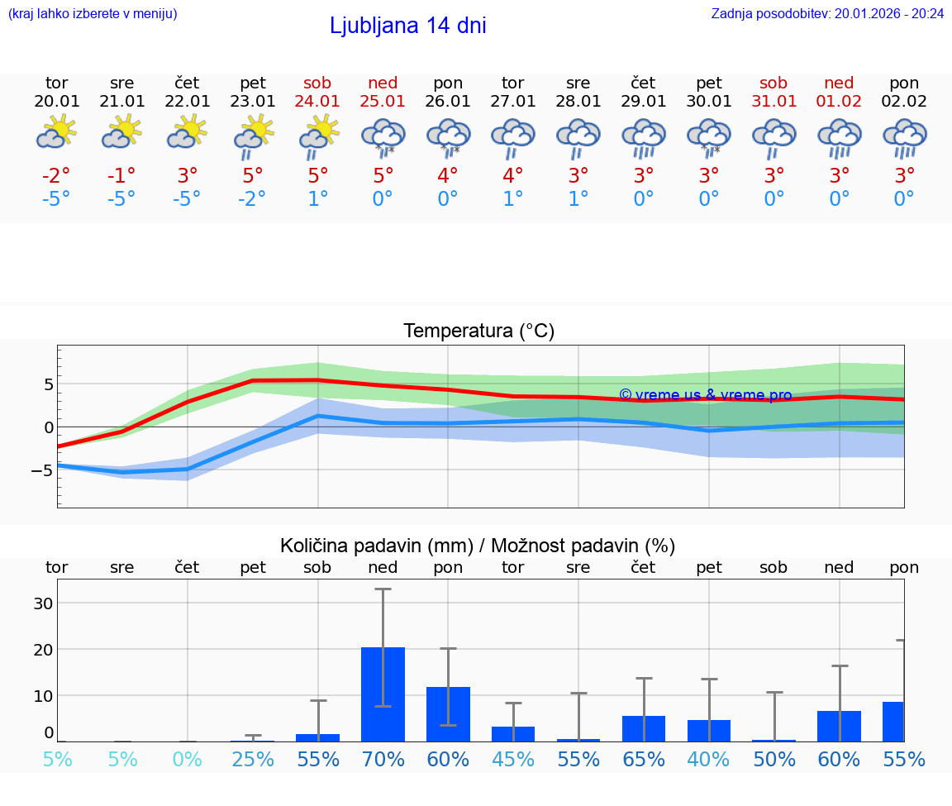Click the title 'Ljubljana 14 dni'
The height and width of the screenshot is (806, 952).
coord(407,26)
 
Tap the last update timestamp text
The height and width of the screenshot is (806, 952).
coord(827,13)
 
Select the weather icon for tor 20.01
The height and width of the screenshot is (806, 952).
coord(56,132)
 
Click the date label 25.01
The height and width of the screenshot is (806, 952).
coord(383,102)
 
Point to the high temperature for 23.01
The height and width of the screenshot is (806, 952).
coord(253,175)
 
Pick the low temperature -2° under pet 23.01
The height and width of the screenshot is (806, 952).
coord(253,198)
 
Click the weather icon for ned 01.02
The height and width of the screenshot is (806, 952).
coord(839,137)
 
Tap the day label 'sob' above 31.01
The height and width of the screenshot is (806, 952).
coord(773,83)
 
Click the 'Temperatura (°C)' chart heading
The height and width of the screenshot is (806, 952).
coord(478,331)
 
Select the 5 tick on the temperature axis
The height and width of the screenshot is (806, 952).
coord(48,384)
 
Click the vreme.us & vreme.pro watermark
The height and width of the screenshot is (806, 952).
coord(705,395)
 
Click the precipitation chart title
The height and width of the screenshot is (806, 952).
coord(478,546)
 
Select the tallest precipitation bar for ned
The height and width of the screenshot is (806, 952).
coord(383,694)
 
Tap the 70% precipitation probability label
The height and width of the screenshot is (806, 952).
coord(383,759)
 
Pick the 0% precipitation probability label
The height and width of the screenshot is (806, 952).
coord(188,759)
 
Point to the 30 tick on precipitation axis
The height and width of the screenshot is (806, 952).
coord(43,603)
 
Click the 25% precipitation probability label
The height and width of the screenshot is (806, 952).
coord(253,759)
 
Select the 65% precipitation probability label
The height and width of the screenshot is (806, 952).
coord(644,759)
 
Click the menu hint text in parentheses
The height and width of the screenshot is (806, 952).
coord(93,13)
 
